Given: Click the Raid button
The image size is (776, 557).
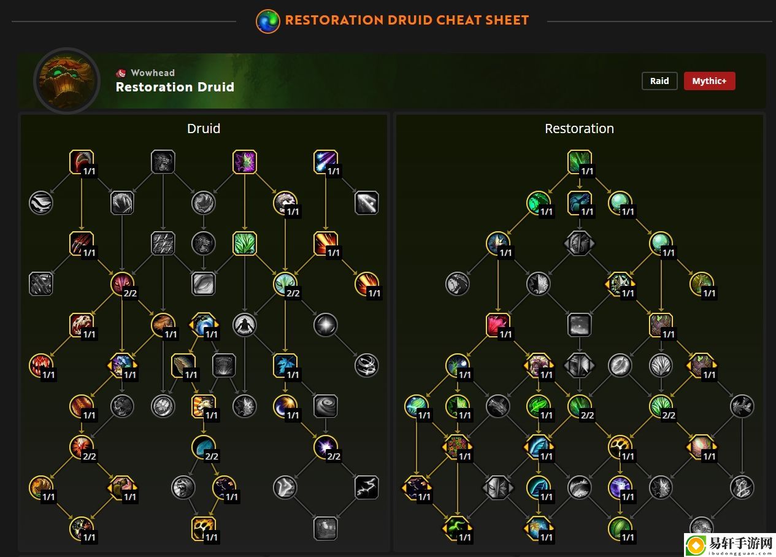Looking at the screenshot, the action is point(659,81).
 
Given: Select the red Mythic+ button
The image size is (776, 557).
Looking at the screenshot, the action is point(709,81).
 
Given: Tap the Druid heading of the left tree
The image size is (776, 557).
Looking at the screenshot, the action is point(204,128).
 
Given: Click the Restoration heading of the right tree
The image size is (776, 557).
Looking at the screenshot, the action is point(579,128).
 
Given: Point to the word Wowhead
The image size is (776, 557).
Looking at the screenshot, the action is point(153,73).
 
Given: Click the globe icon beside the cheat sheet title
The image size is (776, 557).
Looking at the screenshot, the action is point(268,21).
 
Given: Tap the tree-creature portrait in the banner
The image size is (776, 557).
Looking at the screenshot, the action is point(67,81).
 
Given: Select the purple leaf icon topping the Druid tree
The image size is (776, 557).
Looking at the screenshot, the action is point(245,161).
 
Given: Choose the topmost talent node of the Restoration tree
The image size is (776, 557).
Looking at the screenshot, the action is point(579,161).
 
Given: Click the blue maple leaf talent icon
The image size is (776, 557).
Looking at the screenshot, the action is point(285,365).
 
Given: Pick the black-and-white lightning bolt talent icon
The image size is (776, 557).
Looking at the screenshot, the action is point(366,487).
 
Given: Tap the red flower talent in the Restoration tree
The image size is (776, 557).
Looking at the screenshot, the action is point(498,325).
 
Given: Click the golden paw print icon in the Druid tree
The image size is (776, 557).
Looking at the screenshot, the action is point(204,528).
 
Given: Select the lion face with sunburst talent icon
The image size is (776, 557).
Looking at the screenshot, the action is point(204,406).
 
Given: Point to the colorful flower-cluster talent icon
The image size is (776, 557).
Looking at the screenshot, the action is point(457,447).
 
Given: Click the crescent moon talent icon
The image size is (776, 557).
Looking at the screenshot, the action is point(285,406).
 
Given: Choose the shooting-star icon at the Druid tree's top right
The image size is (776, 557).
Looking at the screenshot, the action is point(326,161).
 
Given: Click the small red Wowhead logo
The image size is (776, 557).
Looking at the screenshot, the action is point(121,73).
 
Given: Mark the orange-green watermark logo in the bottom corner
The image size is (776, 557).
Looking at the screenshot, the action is point(696,545).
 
